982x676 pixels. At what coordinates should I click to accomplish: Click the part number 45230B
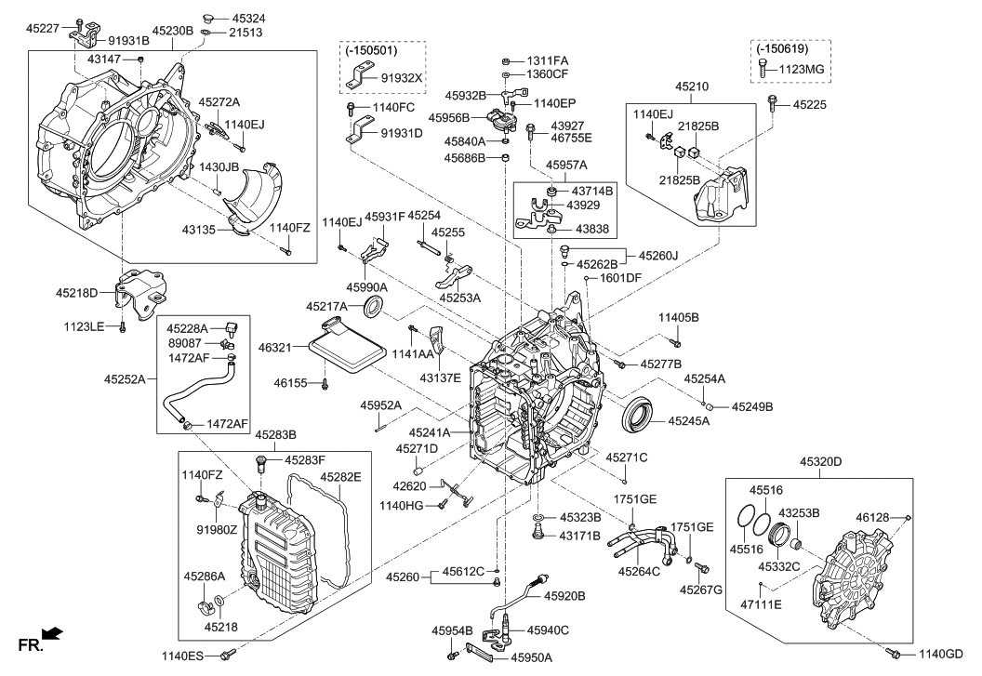click(x=172, y=31)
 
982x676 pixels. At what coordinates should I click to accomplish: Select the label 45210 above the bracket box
click(x=694, y=87)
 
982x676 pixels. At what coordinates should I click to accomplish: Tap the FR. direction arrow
click(x=53, y=634)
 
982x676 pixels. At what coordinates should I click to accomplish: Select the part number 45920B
click(x=565, y=595)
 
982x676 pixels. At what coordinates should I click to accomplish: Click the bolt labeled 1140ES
click(x=226, y=656)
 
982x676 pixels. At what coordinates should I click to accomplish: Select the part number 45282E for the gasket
click(x=340, y=477)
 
